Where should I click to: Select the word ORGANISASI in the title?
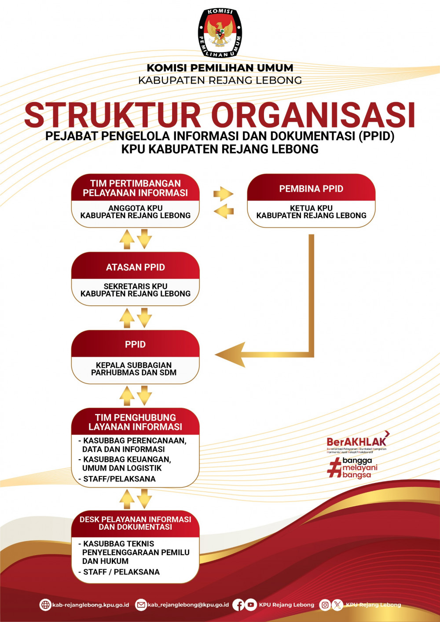[x=313, y=115]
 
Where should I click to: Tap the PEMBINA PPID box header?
[x=311, y=189]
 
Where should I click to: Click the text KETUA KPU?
[x=311, y=208]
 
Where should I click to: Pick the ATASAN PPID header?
[x=136, y=267]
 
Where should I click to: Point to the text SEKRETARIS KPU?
[x=136, y=286]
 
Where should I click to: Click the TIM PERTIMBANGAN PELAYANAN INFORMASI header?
[x=136, y=188]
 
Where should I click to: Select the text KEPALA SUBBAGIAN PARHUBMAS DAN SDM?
[x=134, y=369]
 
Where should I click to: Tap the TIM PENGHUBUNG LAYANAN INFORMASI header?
[x=136, y=422]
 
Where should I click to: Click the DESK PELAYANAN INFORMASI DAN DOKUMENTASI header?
[x=136, y=523]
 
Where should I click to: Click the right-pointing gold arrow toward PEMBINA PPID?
[x=223, y=194]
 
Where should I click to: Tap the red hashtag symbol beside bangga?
[x=335, y=467]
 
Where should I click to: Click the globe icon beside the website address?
[x=45, y=605]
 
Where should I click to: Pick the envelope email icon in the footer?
[x=141, y=605]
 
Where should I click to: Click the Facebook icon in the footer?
[x=238, y=605]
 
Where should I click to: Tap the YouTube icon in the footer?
[x=251, y=605]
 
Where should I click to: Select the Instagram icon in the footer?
[x=325, y=605]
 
